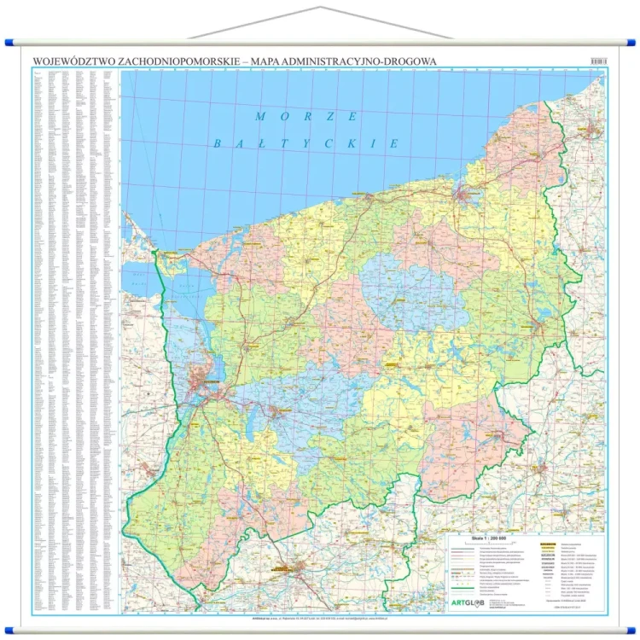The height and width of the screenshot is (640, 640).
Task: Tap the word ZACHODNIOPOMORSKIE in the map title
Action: pyautogui.click(x=171, y=61)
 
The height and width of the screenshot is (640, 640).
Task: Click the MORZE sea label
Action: pyautogui.click(x=306, y=116)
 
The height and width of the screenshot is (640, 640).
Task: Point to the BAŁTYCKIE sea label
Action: pyautogui.click(x=305, y=143)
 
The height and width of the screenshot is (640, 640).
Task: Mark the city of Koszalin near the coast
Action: pyautogui.click(x=464, y=195)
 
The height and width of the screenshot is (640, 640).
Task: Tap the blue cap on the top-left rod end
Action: pyautogui.click(x=9, y=41)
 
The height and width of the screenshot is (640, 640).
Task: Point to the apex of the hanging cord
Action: pyautogui.click(x=320, y=5)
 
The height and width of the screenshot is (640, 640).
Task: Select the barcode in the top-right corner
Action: pyautogui.click(x=598, y=61)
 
